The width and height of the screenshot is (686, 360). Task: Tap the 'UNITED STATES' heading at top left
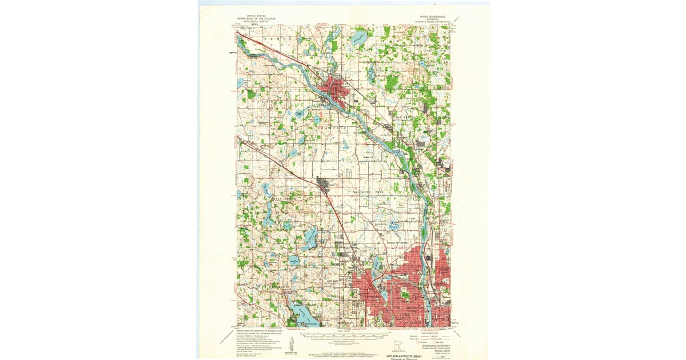[x=256, y=16]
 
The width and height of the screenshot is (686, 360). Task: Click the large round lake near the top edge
[x=359, y=40]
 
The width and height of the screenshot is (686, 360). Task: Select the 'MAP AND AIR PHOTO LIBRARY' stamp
[x=409, y=355]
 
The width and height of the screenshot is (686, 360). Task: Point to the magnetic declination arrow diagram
[x=292, y=345]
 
